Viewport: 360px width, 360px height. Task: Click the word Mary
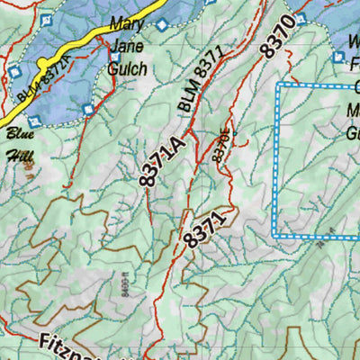point(127,23)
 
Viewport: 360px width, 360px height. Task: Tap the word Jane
point(127,47)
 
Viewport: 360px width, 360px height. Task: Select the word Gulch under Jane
point(129,67)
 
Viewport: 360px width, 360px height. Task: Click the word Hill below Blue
point(20,153)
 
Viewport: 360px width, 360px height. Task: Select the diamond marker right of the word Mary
point(161,25)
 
